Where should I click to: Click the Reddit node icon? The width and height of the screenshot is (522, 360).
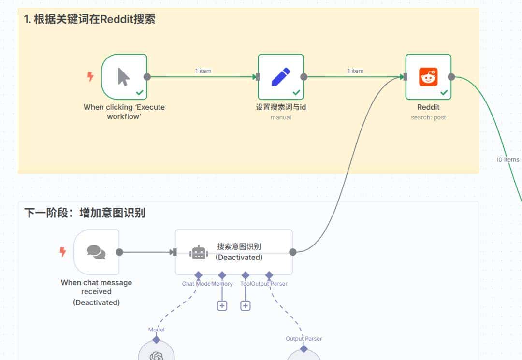(x=428, y=77)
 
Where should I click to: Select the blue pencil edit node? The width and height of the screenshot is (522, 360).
(x=280, y=77)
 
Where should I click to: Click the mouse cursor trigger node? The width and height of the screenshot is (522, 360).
(x=124, y=77)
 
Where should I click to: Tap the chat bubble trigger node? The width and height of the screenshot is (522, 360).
(x=96, y=252)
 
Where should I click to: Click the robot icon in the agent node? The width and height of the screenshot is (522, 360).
(x=199, y=252)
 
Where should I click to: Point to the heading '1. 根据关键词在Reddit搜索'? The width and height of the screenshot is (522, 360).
(x=89, y=19)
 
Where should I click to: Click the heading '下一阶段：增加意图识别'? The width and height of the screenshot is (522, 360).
(x=85, y=213)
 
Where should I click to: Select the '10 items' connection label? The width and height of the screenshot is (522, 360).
(x=507, y=159)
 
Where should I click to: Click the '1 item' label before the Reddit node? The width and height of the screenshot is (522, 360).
(x=355, y=71)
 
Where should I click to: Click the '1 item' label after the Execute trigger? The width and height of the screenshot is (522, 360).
(x=203, y=71)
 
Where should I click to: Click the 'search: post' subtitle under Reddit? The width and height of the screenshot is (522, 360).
(x=428, y=117)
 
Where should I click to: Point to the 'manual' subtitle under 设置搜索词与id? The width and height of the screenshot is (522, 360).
(x=280, y=117)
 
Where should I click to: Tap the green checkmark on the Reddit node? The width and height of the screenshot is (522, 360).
(x=444, y=92)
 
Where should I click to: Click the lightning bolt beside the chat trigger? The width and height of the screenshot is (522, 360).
(x=62, y=252)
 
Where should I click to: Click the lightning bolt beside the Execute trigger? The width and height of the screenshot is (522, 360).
(x=90, y=77)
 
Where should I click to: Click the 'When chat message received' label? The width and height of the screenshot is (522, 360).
(x=96, y=287)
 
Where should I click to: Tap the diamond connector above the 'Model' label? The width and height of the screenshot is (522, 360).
(x=156, y=340)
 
